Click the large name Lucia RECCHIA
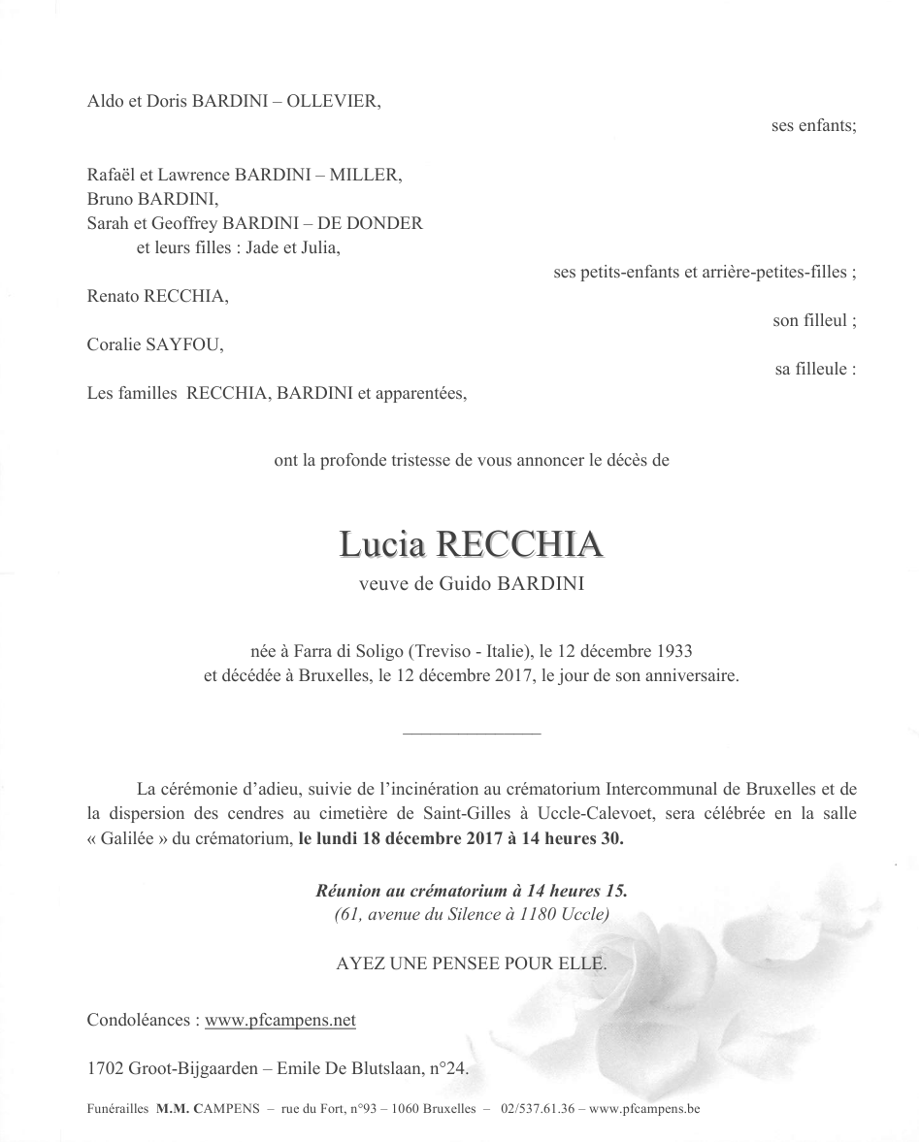(471, 545)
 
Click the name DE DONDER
(377, 223)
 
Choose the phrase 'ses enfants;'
(813, 126)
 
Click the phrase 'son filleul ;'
(814, 321)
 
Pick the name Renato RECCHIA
(157, 296)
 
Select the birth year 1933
(674, 650)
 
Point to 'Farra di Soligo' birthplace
(350, 650)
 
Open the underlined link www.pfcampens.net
(280, 1020)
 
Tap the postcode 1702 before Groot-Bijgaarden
(105, 1069)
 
